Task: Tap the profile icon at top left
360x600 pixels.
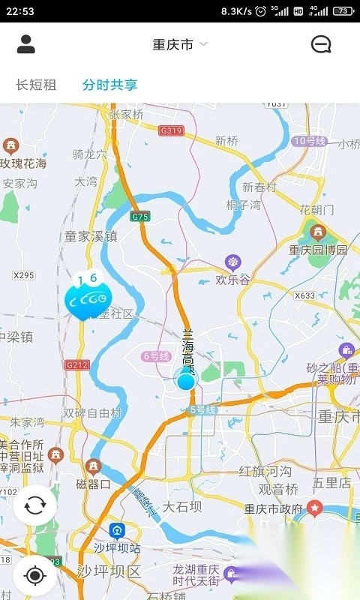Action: pyautogui.click(x=26, y=44)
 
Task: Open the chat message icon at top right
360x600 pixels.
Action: pyautogui.click(x=321, y=44)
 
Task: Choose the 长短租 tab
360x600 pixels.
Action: pyautogui.click(x=36, y=85)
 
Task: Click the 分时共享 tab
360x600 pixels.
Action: pyautogui.click(x=110, y=85)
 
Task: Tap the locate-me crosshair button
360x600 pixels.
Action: pyautogui.click(x=34, y=575)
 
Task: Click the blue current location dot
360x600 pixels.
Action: pyautogui.click(x=185, y=380)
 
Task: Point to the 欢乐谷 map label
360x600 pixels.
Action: pyautogui.click(x=232, y=280)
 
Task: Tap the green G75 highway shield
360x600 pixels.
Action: pyautogui.click(x=139, y=217)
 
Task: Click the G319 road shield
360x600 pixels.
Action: pyautogui.click(x=171, y=130)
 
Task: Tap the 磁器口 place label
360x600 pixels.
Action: pyautogui.click(x=94, y=484)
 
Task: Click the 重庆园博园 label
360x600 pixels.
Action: pyautogui.click(x=319, y=249)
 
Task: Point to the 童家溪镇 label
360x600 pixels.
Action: pyautogui.click(x=91, y=235)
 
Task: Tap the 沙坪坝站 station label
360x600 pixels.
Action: pyautogui.click(x=117, y=547)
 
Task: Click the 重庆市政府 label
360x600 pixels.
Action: pyautogui.click(x=274, y=508)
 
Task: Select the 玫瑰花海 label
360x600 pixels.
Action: pyautogui.click(x=22, y=163)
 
